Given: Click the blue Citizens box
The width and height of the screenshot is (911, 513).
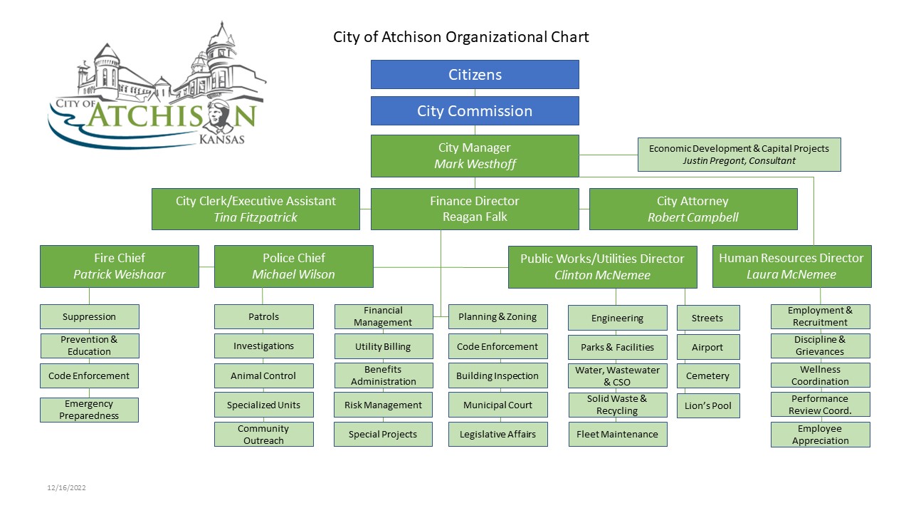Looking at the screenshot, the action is (475, 75).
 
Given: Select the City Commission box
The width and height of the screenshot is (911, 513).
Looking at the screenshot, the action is (475, 110).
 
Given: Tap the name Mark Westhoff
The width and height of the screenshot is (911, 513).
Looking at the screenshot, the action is (475, 164).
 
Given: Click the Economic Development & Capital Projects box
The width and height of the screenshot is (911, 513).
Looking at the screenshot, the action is (739, 155).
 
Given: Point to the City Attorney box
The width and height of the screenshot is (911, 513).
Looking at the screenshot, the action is (693, 209).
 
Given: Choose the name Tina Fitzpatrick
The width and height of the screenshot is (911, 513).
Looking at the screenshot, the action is (256, 217).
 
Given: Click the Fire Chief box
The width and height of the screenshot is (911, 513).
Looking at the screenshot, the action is (120, 266).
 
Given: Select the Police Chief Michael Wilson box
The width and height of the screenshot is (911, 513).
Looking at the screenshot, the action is (294, 266).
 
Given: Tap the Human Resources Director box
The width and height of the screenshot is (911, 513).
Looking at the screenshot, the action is (792, 266).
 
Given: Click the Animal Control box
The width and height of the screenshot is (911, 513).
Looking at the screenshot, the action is (263, 375).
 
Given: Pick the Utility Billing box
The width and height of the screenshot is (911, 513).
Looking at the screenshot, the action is (384, 346).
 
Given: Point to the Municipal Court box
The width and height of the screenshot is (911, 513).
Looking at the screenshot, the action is (497, 405).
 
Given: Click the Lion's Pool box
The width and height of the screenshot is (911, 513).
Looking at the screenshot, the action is (708, 406).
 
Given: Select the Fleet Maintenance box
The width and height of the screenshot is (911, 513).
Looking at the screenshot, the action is (617, 435).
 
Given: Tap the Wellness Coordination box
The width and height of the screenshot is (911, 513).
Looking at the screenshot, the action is (821, 375).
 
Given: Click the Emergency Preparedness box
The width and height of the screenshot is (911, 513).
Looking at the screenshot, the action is (89, 410).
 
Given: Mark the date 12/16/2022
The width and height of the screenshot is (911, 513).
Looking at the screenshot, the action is (66, 488).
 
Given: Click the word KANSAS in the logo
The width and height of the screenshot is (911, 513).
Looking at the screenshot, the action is (221, 139).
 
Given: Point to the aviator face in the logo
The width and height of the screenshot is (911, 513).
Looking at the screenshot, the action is (219, 115).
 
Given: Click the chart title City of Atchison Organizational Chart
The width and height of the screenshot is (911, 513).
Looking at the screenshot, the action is (460, 37).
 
